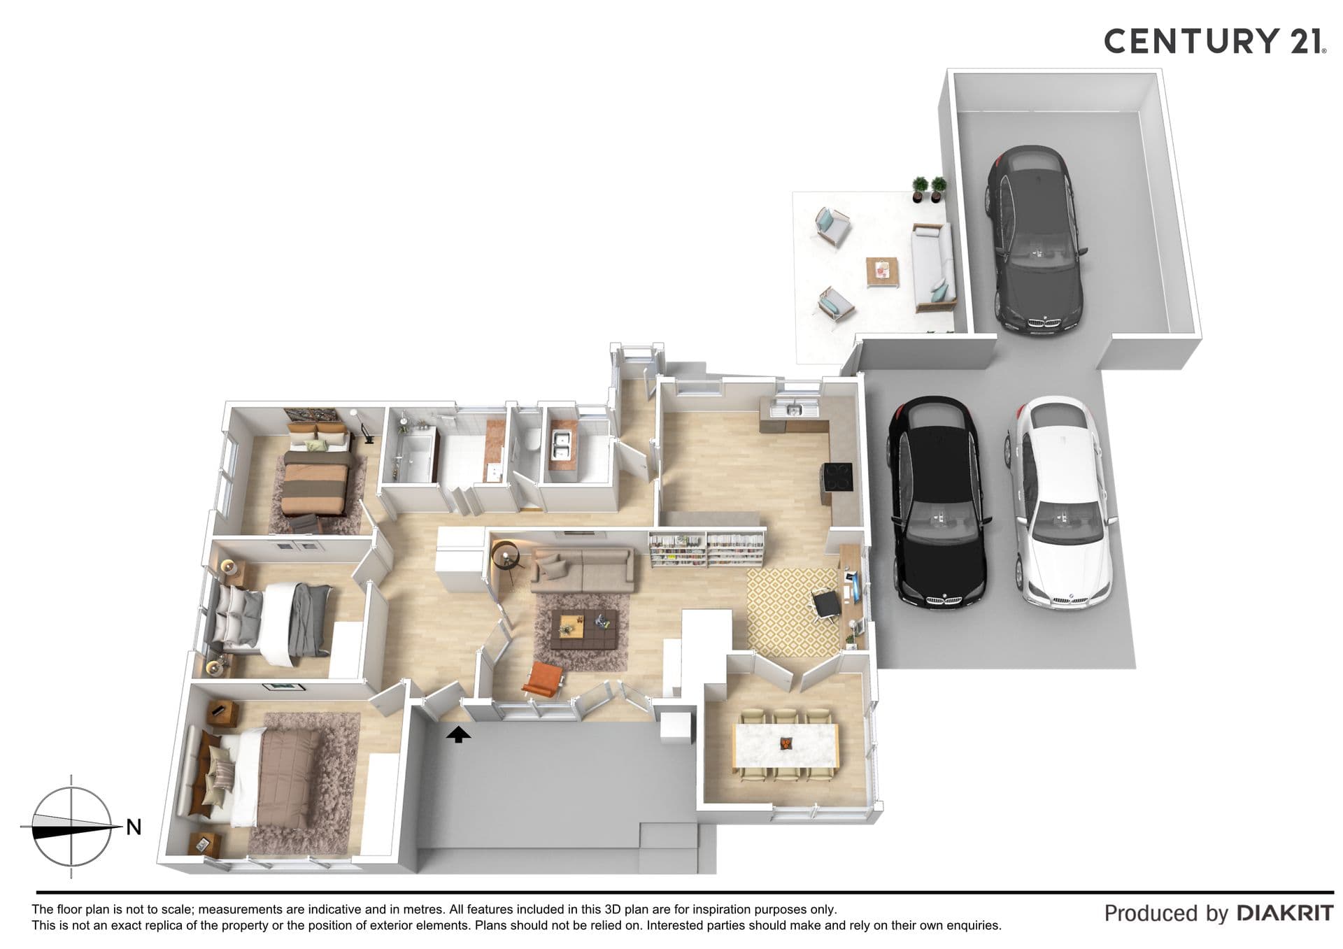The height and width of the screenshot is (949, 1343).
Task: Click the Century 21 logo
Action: pos(1215,41)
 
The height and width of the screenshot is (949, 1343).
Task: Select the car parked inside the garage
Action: pos(1035,240)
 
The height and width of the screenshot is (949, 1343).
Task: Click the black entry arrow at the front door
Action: pos(458,734)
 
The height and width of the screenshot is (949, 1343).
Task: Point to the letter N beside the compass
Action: pos(134,827)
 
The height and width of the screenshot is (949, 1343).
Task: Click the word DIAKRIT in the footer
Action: pos(1285,913)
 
